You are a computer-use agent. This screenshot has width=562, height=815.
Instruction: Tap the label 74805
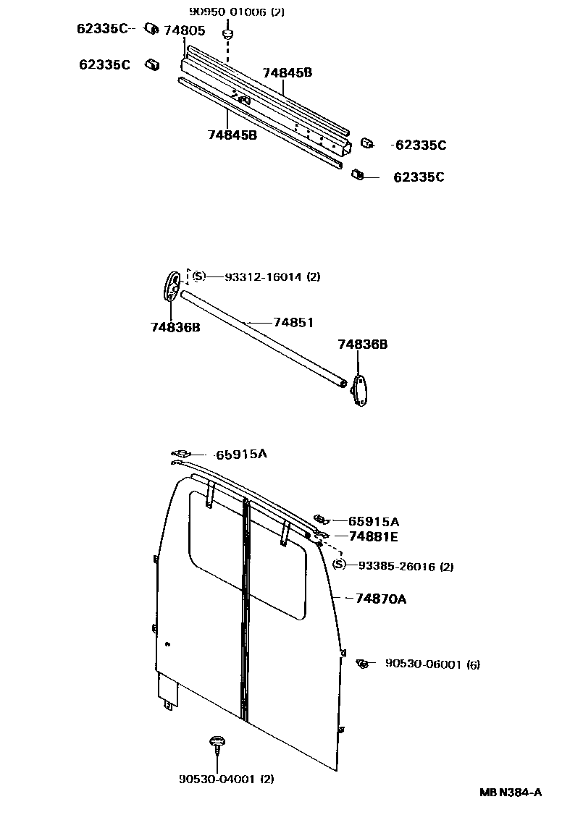point(184,30)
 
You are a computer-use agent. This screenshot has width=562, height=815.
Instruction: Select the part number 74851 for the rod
point(293,322)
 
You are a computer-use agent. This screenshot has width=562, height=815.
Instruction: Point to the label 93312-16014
point(261,276)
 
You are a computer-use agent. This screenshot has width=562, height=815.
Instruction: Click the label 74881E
point(373,536)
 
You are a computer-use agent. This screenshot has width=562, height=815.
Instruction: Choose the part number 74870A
point(380,599)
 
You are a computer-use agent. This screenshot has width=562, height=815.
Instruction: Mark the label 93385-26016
point(403,567)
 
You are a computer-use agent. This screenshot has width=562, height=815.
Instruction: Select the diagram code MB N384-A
point(510,792)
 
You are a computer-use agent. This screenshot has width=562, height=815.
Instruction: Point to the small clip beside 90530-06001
point(363,663)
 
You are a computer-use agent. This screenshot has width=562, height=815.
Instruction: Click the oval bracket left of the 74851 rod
point(173,286)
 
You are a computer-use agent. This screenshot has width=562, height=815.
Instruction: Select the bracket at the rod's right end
point(360,391)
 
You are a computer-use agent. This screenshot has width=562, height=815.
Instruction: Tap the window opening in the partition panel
point(246,554)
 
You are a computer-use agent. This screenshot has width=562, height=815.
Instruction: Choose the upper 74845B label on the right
point(288,72)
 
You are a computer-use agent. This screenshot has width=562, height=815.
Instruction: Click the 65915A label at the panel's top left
point(242,455)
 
